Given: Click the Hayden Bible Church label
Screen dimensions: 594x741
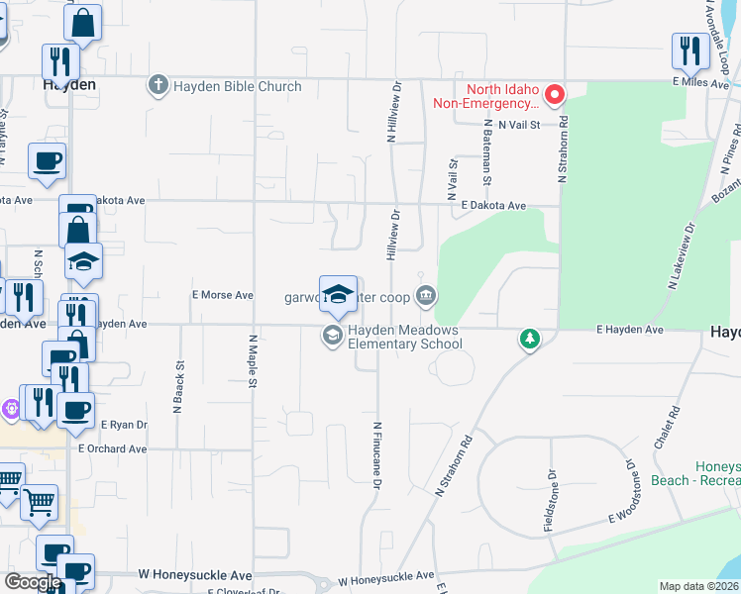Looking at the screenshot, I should click(238, 86).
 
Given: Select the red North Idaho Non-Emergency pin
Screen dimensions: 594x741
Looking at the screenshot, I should click(555, 95).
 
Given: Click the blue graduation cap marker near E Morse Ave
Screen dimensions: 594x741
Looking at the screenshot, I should click(338, 293).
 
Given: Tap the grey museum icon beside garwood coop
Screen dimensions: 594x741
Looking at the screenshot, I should click(426, 294).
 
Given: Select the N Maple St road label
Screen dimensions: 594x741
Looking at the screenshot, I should click(253, 359).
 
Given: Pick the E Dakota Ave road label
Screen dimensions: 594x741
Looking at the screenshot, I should click(494, 206).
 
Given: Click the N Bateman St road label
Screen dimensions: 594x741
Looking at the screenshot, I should click(487, 153).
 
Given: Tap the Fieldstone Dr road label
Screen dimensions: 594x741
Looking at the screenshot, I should click(549, 500).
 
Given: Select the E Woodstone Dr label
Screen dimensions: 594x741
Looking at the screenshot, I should click(622, 492).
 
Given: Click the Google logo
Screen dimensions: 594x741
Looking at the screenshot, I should click(32, 583).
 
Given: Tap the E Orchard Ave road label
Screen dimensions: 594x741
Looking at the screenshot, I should click(113, 448).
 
